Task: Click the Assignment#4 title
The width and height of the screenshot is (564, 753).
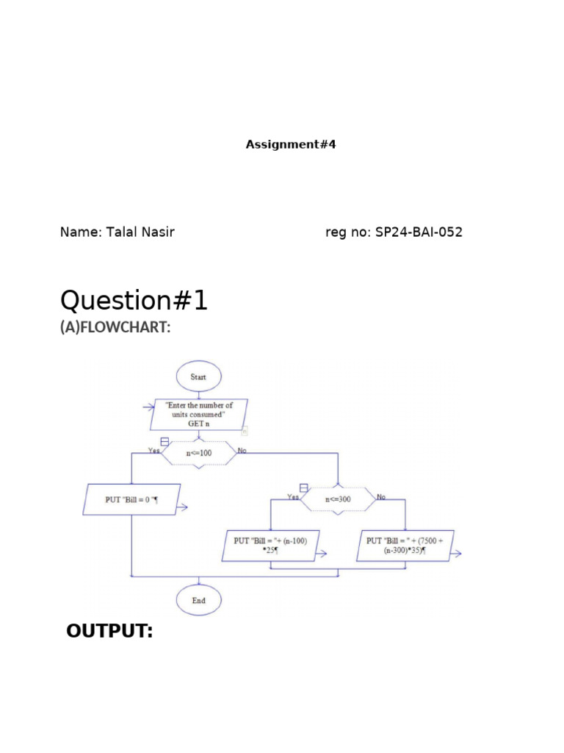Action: pyautogui.click(x=290, y=145)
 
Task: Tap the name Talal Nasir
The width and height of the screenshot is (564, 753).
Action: pyautogui.click(x=117, y=232)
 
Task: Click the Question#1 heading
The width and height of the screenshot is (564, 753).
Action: pyautogui.click(x=134, y=300)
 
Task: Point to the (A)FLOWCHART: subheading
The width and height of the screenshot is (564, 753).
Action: pyautogui.click(x=115, y=328)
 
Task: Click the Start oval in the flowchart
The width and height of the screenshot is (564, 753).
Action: pyautogui.click(x=198, y=376)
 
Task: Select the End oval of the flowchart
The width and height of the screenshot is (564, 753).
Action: pyautogui.click(x=198, y=600)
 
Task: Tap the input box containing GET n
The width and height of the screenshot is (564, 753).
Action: pyautogui.click(x=198, y=415)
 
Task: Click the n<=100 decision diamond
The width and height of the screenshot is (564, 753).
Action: pyautogui.click(x=198, y=453)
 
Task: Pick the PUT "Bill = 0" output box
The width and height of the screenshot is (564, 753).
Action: pyautogui.click(x=132, y=499)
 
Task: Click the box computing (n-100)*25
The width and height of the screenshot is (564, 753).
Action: pyautogui.click(x=270, y=546)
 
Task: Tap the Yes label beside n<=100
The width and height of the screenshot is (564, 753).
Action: pyautogui.click(x=154, y=451)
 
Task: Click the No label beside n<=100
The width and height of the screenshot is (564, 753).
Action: pyautogui.click(x=242, y=450)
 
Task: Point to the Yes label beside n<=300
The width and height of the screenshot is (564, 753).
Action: pyautogui.click(x=293, y=496)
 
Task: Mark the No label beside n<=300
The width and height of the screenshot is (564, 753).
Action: pyautogui.click(x=381, y=497)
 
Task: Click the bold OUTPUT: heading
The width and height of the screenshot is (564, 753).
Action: pyautogui.click(x=109, y=631)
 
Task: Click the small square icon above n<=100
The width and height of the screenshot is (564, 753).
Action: pyautogui.click(x=164, y=442)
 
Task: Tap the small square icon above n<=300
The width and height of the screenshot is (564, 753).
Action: pyautogui.click(x=303, y=488)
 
